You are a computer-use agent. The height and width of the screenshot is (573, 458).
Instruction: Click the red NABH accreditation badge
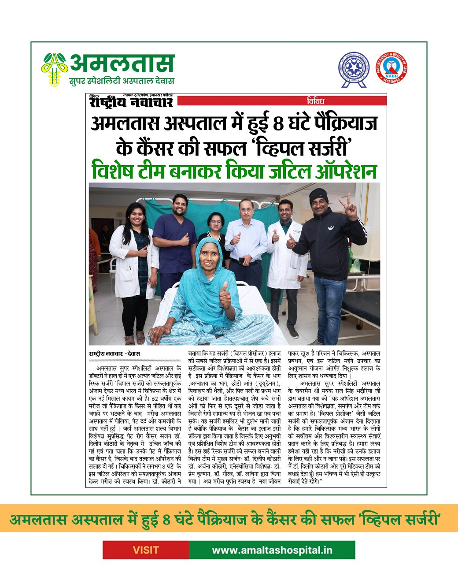point(391,68)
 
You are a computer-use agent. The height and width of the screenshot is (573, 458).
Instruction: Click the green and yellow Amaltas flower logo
point(54,69)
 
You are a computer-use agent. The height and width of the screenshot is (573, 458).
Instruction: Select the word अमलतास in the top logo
point(122,63)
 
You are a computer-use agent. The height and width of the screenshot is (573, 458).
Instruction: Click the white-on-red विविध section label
point(316,101)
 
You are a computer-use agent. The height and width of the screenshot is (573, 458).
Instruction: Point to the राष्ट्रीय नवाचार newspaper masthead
point(131,102)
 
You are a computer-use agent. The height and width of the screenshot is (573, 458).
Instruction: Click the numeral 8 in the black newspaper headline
point(278,124)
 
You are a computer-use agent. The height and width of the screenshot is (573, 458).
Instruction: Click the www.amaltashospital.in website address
point(272,550)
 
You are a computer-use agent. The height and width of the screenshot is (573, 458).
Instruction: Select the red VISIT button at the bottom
point(146,550)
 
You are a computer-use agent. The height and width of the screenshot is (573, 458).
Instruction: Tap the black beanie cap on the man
point(318,195)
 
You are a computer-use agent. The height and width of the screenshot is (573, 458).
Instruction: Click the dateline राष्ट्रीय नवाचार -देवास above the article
point(114,354)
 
